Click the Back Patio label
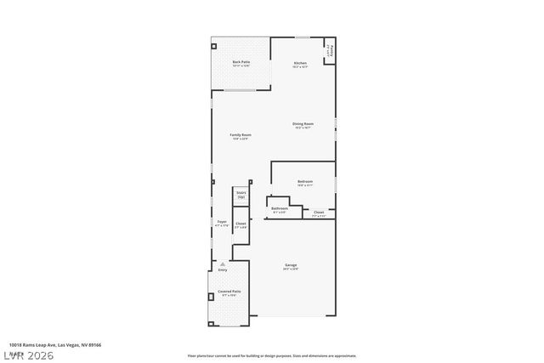click(x=241, y=62)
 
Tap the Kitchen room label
click(x=300, y=64)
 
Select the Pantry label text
click(x=328, y=53)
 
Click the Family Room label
click(x=241, y=136)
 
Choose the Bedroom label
click(x=305, y=182)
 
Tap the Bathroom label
click(x=280, y=209)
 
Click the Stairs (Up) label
click(x=241, y=195)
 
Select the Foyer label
click(x=221, y=223)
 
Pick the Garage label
click(x=291, y=267)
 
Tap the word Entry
click(x=222, y=270)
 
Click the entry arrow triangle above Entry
click(x=222, y=264)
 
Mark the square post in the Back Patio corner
click(x=214, y=46)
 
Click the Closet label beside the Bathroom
click(x=318, y=213)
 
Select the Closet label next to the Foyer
click(x=241, y=224)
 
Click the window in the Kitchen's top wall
click(x=303, y=37)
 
